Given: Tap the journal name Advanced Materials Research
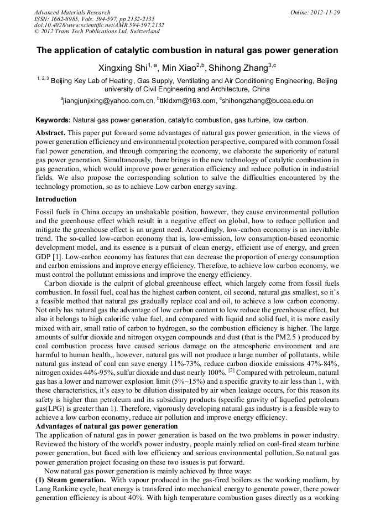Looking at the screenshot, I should [x=72, y=12].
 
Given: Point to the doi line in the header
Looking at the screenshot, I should [x=99, y=25].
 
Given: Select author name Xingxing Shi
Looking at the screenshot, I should [x=124, y=68].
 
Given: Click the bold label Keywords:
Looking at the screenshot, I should [x=53, y=120].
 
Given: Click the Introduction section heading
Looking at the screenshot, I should [x=56, y=199].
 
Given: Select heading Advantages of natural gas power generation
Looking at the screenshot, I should [x=106, y=426].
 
